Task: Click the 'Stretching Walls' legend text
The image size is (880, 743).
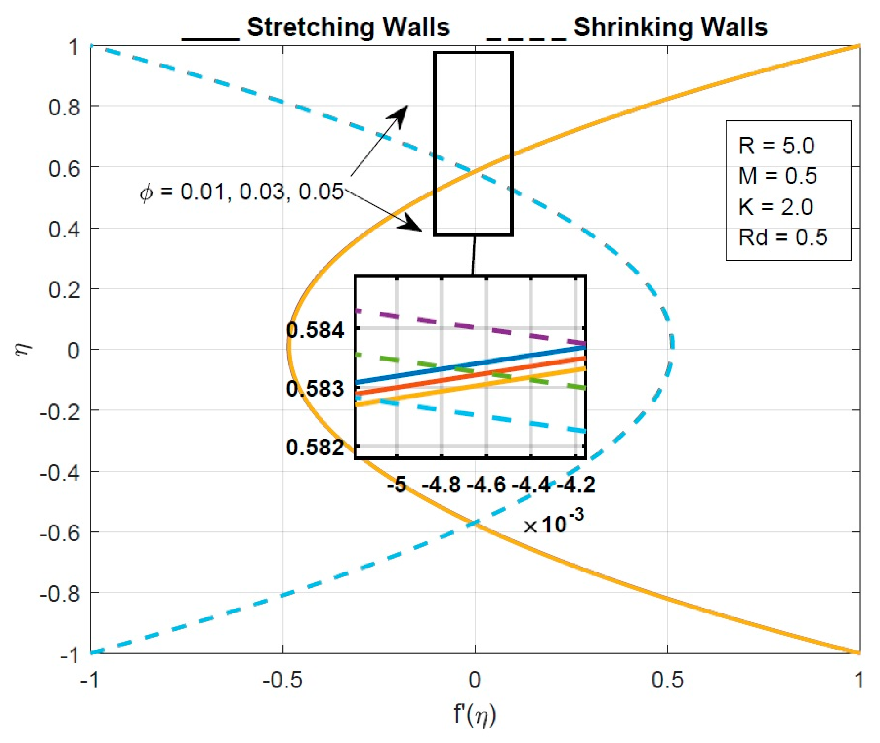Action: point(348,27)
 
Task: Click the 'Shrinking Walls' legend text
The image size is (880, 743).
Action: point(670,27)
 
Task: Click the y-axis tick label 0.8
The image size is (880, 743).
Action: point(64,107)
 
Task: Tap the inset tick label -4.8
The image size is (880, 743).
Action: point(441,485)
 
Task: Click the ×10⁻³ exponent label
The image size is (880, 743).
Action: point(553,523)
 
